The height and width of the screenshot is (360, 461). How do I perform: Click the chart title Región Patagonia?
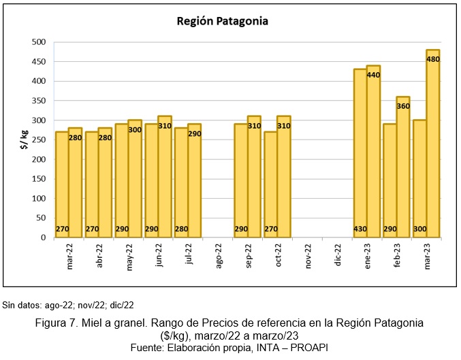click(222, 21)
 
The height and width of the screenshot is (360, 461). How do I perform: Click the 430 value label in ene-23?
click(360, 230)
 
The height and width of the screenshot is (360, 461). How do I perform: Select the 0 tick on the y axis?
click(42, 238)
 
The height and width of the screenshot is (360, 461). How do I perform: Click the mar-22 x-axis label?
click(70, 257)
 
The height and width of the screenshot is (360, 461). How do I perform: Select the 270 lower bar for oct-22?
click(271, 184)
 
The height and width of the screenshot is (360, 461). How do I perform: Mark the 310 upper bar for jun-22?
click(165, 177)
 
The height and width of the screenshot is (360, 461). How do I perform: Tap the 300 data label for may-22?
click(135, 129)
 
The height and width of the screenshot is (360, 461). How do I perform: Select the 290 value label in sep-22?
click(241, 230)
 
